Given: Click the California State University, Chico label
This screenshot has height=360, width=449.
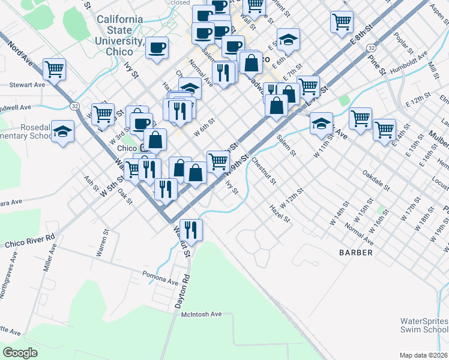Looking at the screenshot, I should coord(120,35).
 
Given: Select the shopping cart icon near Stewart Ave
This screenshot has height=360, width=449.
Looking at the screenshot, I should coord(54,70).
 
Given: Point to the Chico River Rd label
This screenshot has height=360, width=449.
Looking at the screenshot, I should coord(29,241).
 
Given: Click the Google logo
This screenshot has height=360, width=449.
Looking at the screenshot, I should coord(20,352).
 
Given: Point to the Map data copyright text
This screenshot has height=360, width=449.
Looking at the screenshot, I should coord(424,355).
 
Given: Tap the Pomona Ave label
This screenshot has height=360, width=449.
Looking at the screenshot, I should coord(160,278).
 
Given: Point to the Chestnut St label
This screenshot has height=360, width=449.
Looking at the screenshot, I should coord(263,171).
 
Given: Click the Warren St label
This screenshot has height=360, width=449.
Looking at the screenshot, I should coord(103,242).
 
